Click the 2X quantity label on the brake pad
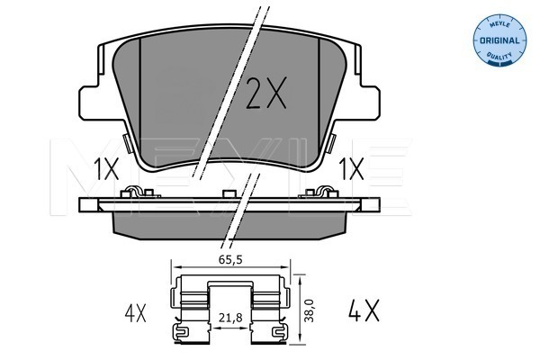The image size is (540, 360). [265, 94]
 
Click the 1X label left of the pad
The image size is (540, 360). [106, 169]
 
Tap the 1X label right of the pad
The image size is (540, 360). [351, 169]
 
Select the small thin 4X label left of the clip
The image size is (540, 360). [135, 313]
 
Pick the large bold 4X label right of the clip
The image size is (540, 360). [364, 310]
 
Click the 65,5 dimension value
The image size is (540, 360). [230, 260]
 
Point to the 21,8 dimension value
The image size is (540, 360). [230, 319]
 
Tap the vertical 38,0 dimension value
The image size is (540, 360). [310, 310]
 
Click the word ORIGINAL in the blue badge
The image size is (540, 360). [499, 40]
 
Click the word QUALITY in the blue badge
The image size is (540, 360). [499, 56]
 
